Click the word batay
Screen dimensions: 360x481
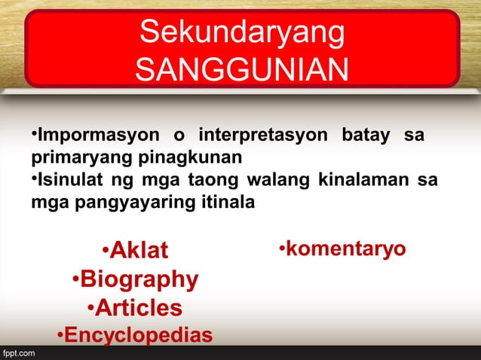[x=365, y=138]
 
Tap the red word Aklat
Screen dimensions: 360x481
[x=139, y=251]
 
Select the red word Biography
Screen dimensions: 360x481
[x=139, y=279]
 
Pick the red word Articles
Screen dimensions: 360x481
[x=138, y=308]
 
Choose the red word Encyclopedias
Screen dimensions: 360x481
[x=138, y=335]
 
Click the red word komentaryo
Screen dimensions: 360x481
[x=345, y=249]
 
